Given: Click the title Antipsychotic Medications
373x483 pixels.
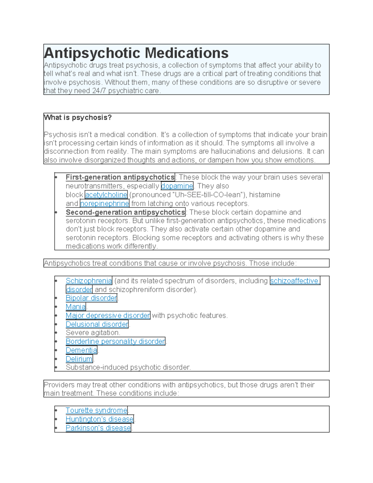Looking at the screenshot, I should coord(136,53).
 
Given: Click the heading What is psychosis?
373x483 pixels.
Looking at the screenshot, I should coord(78,118).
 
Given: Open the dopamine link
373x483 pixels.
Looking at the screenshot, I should coord(177,186).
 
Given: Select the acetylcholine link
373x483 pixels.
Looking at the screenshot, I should coord(106,195).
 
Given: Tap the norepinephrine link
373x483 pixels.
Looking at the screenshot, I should coord(104,203).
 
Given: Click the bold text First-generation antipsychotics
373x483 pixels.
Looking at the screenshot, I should coord(120,177).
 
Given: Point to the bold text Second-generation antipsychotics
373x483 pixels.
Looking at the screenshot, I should coord(125,212).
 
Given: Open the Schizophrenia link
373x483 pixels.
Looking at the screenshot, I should coord(89,281).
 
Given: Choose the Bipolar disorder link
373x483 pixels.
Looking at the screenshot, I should coord(91,298).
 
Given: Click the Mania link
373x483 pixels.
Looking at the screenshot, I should coord(76,307).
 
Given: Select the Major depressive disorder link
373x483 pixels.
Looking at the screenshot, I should coord(108,315).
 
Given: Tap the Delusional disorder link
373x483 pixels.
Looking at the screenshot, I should coord(97,324).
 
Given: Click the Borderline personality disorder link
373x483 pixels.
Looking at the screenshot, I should coord(115,341).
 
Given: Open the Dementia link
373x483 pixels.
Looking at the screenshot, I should coord(81,350).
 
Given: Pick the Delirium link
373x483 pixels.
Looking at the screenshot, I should coord(79,359).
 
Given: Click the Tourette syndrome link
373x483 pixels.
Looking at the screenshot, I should coord(96,411).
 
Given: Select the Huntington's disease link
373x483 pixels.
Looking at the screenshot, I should coord(99,419).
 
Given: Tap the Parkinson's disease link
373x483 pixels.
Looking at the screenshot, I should coord(98,428).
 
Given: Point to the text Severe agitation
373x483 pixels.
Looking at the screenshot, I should coord(93,333).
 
